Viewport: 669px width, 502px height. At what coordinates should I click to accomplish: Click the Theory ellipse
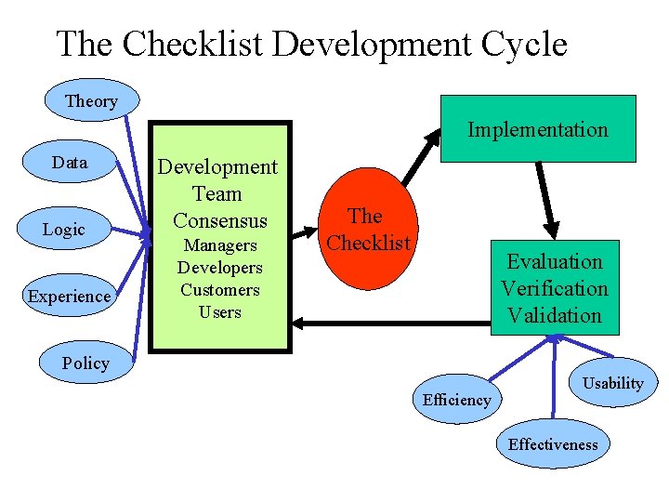click(91, 100)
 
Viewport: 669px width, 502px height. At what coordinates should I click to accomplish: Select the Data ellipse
click(70, 163)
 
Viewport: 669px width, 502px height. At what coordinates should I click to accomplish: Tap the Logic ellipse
click(64, 230)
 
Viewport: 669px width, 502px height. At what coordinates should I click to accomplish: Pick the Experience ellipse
click(69, 297)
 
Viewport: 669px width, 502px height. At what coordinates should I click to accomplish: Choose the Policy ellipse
click(85, 363)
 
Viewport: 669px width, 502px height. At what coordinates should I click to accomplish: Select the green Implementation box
click(537, 129)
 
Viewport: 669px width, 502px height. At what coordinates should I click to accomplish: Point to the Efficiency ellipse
click(456, 400)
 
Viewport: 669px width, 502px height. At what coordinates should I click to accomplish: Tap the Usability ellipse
click(612, 383)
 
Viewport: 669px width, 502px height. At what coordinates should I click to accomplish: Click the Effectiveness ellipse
click(553, 443)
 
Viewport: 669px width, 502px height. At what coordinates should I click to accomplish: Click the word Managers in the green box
click(220, 245)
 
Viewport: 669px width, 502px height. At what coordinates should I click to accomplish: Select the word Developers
click(220, 268)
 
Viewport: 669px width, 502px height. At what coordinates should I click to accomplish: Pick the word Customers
click(220, 290)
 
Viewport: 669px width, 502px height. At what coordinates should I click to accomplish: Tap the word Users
click(220, 312)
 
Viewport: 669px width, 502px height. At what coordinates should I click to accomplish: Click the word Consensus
click(220, 221)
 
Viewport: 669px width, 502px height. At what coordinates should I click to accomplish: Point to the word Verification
click(555, 288)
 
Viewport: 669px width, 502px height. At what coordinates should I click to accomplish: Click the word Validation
click(555, 315)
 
